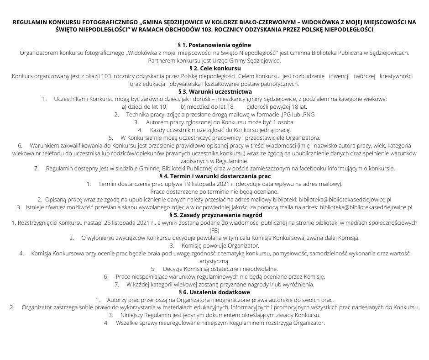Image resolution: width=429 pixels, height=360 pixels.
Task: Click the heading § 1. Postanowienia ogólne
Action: coord(214,45)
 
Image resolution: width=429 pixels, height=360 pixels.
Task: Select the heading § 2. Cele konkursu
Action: coord(214,68)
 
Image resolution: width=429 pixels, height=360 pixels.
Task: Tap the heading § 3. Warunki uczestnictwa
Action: coord(214,91)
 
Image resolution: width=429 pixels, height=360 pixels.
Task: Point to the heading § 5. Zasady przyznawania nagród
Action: coord(214,215)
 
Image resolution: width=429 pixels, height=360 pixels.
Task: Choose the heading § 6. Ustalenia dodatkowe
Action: coord(214,292)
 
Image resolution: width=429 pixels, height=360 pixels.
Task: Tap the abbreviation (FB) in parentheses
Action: coord(214,230)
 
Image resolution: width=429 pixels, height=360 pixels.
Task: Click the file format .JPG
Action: coord(288,114)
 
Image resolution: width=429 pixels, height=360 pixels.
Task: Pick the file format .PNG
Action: coord(307,114)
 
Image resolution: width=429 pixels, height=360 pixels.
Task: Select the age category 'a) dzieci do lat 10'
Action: coord(145,106)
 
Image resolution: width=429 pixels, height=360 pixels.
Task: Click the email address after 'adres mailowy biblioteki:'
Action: coord(345,199)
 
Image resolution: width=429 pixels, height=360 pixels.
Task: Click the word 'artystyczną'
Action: coord(214,261)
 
